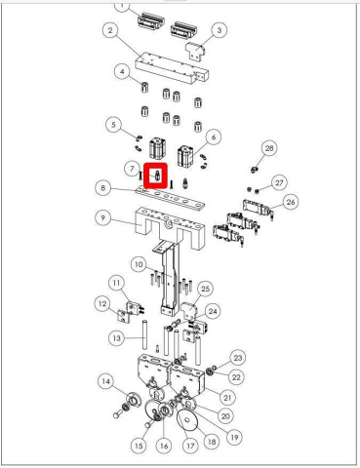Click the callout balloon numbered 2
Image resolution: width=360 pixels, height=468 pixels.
110,30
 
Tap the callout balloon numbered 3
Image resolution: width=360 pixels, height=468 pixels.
220,30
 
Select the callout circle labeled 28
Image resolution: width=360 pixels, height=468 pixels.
269,148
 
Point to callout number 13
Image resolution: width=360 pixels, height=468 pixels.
116,338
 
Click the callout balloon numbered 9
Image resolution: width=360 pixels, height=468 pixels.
103,217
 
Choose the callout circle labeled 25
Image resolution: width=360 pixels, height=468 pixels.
205,289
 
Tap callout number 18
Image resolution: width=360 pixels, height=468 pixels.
212,442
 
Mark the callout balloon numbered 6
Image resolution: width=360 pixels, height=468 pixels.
214,137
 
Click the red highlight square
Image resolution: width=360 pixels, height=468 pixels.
155,176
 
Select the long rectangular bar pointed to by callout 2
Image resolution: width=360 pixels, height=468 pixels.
172,69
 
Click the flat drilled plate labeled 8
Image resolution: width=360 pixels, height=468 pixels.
171,198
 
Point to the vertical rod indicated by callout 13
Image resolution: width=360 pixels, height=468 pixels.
144,334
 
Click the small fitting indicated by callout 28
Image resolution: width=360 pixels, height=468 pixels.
255,170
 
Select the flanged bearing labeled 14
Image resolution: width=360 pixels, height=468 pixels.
134,399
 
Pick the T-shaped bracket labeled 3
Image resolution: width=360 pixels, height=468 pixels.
195,51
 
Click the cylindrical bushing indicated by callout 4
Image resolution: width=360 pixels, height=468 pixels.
144,87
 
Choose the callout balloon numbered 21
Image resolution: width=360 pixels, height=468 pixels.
227,397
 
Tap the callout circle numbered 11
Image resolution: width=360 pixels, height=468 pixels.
116,284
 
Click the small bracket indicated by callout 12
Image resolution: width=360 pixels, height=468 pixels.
123,316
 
